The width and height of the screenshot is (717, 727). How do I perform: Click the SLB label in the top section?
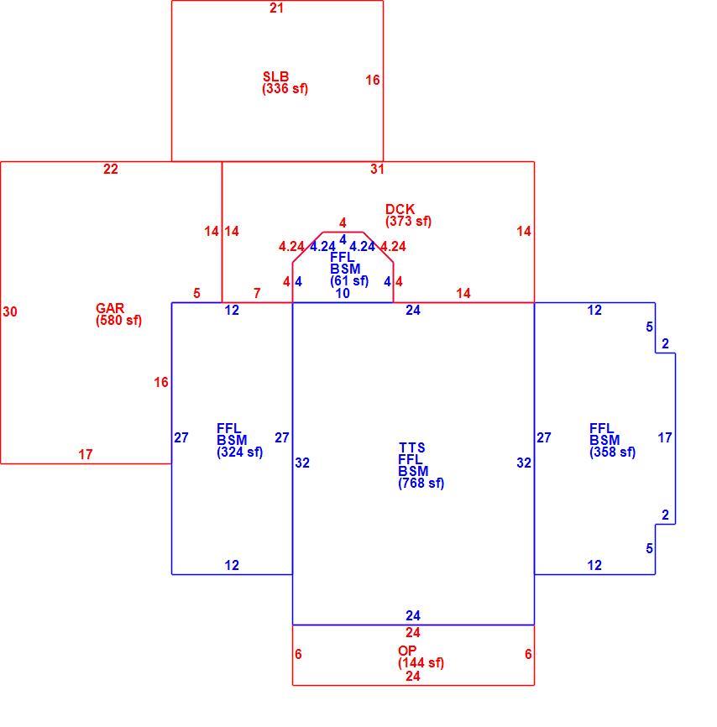275,76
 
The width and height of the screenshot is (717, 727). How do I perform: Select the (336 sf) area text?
285,88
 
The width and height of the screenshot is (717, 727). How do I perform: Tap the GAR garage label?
110,308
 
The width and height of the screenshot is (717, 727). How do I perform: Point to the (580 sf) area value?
118,321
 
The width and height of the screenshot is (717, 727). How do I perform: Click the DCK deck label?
400,209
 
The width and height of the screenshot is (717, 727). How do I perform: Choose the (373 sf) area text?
408,221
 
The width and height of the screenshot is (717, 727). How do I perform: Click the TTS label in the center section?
412,447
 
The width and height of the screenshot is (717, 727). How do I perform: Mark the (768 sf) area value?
421,483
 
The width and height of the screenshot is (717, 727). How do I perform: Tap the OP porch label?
407,651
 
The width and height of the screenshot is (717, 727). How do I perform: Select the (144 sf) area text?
421,663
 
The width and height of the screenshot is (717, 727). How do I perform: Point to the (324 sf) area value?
240,452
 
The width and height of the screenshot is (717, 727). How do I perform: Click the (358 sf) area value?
613,452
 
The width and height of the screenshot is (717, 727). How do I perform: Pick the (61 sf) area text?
350,281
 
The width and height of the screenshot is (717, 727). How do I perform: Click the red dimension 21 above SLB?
276,8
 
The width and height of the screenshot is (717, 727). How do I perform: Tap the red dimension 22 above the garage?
110,170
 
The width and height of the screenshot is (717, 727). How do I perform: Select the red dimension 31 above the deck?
377,170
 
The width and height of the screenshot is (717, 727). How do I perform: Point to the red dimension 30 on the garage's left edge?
10,311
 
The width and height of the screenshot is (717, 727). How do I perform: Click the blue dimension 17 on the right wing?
665,437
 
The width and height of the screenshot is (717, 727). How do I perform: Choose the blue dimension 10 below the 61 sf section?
343,293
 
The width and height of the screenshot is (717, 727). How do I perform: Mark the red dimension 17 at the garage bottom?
86,454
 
